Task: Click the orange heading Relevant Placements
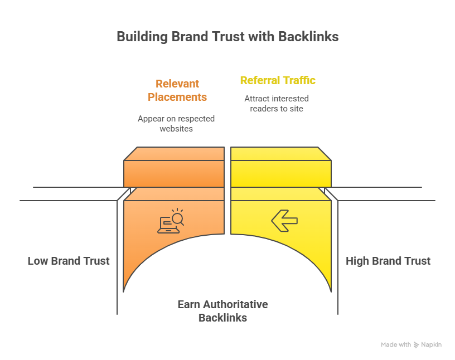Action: [177, 90]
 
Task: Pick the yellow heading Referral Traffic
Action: [278, 80]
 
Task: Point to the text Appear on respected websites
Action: [176, 124]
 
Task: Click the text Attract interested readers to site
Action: [277, 104]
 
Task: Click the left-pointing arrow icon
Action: [284, 221]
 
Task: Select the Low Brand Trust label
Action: [69, 261]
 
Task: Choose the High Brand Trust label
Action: [388, 261]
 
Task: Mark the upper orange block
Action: [174, 167]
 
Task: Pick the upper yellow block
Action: [281, 167]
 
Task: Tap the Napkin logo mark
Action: [417, 345]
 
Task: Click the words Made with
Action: [396, 345]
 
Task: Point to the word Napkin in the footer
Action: [432, 345]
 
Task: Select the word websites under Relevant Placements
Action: [176, 129]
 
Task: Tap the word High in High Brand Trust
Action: [357, 261]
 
